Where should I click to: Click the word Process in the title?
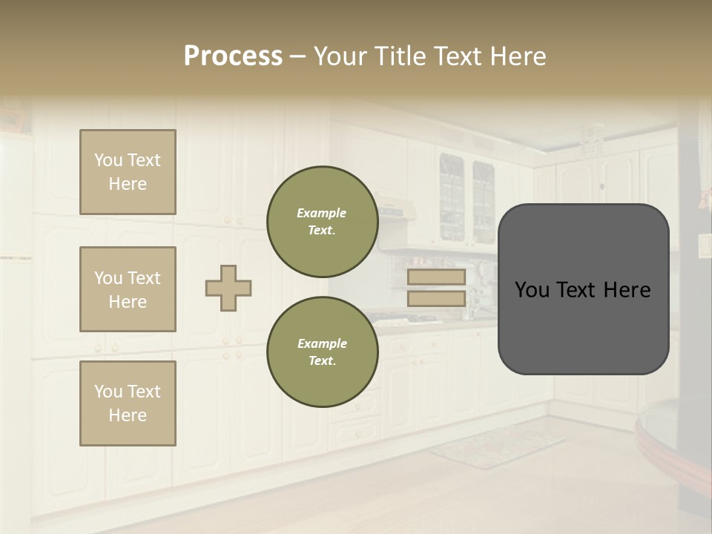point(233,56)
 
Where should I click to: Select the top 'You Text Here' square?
point(128,172)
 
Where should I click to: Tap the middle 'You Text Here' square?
point(128,289)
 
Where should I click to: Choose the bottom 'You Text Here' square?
point(128,403)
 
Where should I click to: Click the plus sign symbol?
point(228,288)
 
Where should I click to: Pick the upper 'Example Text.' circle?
point(322,222)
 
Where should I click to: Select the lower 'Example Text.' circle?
point(322,352)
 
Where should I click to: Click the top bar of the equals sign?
point(436,277)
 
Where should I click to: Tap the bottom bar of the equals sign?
point(436,299)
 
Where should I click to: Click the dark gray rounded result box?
point(583,326)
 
